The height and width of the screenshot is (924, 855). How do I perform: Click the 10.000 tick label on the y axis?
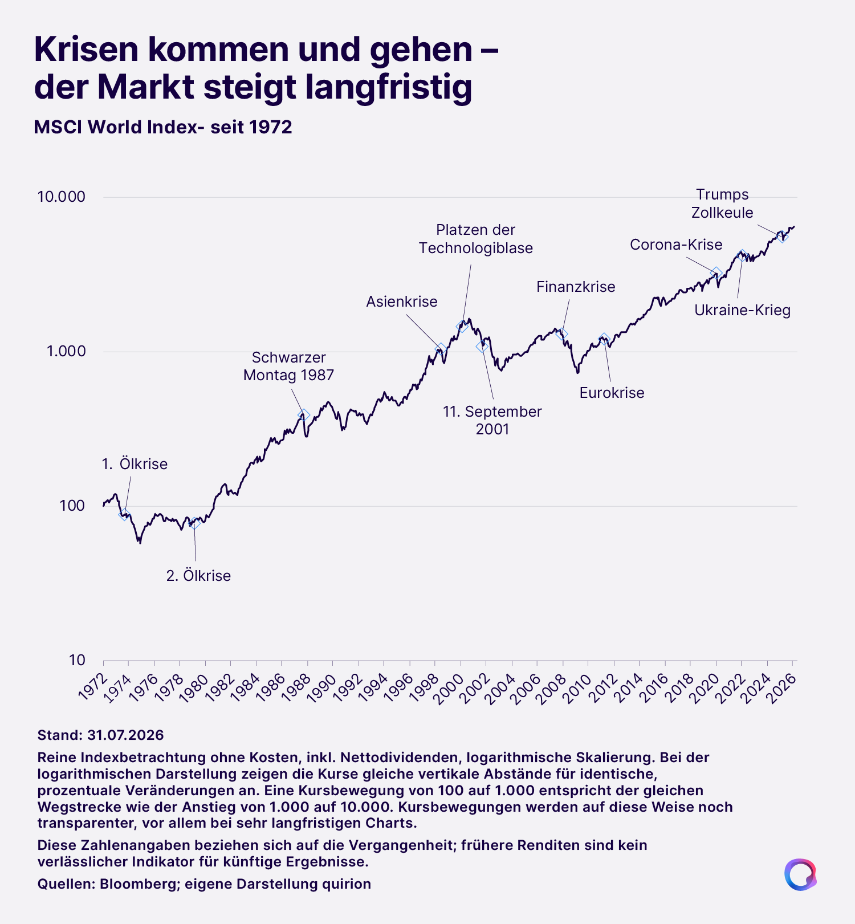(x=61, y=197)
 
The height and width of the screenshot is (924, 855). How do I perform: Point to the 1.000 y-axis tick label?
(x=66, y=351)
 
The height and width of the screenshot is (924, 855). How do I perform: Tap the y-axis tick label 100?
(x=72, y=506)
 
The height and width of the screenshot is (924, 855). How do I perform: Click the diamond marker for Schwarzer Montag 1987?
(x=304, y=415)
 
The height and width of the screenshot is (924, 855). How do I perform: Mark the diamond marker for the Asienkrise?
(x=440, y=348)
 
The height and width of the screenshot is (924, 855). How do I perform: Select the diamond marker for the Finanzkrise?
(x=562, y=333)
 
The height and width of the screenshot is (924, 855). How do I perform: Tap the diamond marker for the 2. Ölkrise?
(x=194, y=523)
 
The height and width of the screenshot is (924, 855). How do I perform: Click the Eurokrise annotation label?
(x=612, y=393)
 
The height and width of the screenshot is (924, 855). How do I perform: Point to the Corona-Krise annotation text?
(x=676, y=245)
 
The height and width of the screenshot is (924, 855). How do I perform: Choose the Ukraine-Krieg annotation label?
(x=743, y=311)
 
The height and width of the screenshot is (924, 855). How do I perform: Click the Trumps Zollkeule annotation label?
(x=722, y=203)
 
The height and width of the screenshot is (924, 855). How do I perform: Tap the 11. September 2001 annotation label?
(x=492, y=420)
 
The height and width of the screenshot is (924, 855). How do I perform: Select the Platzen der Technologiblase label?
(x=476, y=239)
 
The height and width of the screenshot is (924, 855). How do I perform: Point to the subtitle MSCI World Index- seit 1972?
(x=163, y=127)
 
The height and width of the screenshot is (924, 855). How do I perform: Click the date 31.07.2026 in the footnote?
(x=125, y=735)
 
